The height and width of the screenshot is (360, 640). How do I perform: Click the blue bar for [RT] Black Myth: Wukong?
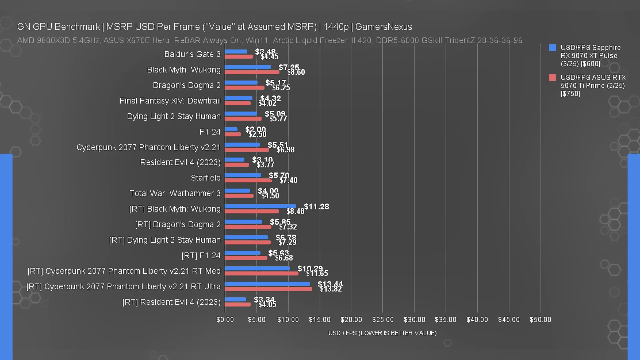(260, 206)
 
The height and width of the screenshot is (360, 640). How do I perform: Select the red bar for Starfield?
(248, 180)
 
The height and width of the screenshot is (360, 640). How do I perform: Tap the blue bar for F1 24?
(231, 129)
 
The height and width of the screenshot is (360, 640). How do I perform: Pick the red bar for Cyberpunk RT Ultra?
(269, 289)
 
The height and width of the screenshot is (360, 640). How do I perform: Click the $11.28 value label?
(316, 207)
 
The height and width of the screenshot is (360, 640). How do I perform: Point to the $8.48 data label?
(295, 211)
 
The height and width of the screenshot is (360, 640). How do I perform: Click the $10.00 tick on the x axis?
(288, 320)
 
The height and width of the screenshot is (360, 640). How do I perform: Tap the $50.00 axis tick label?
(540, 320)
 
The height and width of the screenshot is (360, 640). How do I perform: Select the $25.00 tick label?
(383, 320)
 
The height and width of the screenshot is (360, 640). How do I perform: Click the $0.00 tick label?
(225, 320)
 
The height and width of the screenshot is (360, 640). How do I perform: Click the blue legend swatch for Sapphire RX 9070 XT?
(552, 48)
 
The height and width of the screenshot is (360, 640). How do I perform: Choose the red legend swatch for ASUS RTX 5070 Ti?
(552, 78)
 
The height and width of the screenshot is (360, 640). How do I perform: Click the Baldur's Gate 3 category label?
(192, 54)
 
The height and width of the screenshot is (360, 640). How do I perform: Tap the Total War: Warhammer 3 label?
(175, 193)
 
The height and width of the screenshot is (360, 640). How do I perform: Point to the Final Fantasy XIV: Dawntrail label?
(170, 101)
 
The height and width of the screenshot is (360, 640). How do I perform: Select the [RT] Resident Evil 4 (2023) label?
(171, 302)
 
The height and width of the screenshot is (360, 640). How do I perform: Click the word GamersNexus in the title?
(384, 27)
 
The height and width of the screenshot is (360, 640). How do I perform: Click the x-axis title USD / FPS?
(382, 333)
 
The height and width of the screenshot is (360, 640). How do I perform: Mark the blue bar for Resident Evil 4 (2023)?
(235, 160)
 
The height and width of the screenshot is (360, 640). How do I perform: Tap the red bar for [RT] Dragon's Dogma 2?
(248, 227)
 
